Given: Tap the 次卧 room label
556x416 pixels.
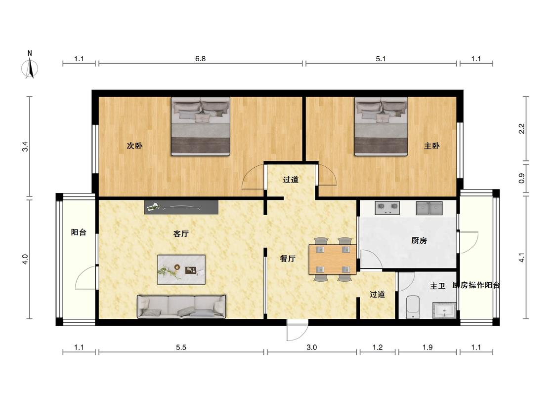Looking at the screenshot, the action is point(135,146).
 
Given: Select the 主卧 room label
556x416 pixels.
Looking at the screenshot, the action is point(432,146).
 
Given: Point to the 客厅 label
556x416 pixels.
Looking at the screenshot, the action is point(181,234).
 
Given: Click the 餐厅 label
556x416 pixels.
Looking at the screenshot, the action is point(288,259).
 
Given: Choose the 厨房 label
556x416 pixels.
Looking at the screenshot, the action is point(419,241).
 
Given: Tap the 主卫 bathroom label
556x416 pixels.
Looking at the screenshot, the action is point(437,286).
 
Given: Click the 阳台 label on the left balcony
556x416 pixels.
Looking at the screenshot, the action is point(79,232).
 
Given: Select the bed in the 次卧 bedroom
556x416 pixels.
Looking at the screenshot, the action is point(201,126).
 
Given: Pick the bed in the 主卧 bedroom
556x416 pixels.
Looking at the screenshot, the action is point(381,126).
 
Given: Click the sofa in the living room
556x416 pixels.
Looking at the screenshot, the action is point(181,306).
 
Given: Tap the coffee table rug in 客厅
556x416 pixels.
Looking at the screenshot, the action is point(181,270).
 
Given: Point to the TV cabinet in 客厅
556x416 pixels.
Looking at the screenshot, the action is point(181,207).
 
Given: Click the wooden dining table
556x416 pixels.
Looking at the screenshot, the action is point(333,260).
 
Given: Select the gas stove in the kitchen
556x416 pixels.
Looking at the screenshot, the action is point(387,208).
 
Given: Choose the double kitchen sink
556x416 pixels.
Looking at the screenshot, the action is point(429,208).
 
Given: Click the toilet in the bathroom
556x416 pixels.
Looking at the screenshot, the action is point(413,307).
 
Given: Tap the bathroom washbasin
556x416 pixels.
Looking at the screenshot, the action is point(444,310).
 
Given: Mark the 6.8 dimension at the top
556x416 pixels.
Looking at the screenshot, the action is point(200,59).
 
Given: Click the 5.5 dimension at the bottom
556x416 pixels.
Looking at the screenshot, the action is point(181,347).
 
